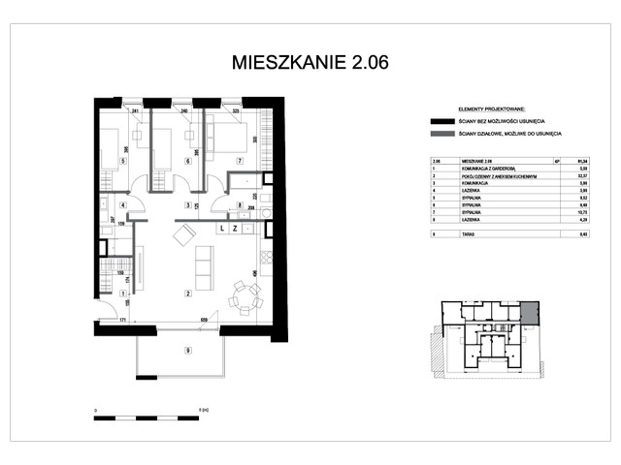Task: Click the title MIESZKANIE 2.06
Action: tap(310, 63)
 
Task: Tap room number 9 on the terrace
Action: tap(188, 351)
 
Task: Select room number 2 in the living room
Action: tap(188, 292)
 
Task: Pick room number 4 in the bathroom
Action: tap(122, 205)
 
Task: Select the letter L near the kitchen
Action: tap(222, 229)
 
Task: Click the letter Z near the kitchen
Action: tap(235, 229)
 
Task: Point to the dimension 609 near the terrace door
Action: tap(204, 320)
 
